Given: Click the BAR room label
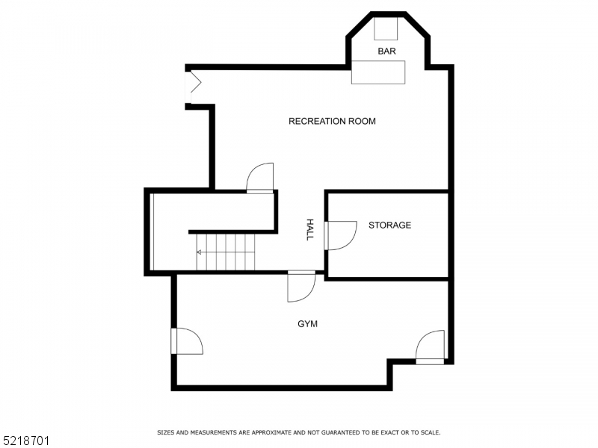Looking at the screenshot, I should (x=386, y=52).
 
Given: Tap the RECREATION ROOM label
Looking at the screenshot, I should (x=332, y=121).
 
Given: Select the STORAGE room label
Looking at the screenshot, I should (x=389, y=225).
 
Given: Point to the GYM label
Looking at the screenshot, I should (x=308, y=324).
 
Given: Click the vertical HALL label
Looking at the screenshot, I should (x=309, y=229).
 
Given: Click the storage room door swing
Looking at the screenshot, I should (x=341, y=235).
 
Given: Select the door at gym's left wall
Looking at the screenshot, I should (x=186, y=340).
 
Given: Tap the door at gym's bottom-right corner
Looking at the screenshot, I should (x=431, y=347).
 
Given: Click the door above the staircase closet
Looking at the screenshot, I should (x=260, y=178).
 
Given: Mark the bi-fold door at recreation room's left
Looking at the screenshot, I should (x=192, y=87).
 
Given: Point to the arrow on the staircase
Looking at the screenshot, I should (x=200, y=252).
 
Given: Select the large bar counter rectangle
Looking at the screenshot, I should (x=378, y=72).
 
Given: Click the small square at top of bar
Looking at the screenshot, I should (x=386, y=28).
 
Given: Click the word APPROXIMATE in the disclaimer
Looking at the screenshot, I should (x=274, y=432).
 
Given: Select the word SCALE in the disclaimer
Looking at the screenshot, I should (x=429, y=432).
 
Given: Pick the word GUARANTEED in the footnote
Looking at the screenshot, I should (x=342, y=432).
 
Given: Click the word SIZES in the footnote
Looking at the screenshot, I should (x=165, y=432).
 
